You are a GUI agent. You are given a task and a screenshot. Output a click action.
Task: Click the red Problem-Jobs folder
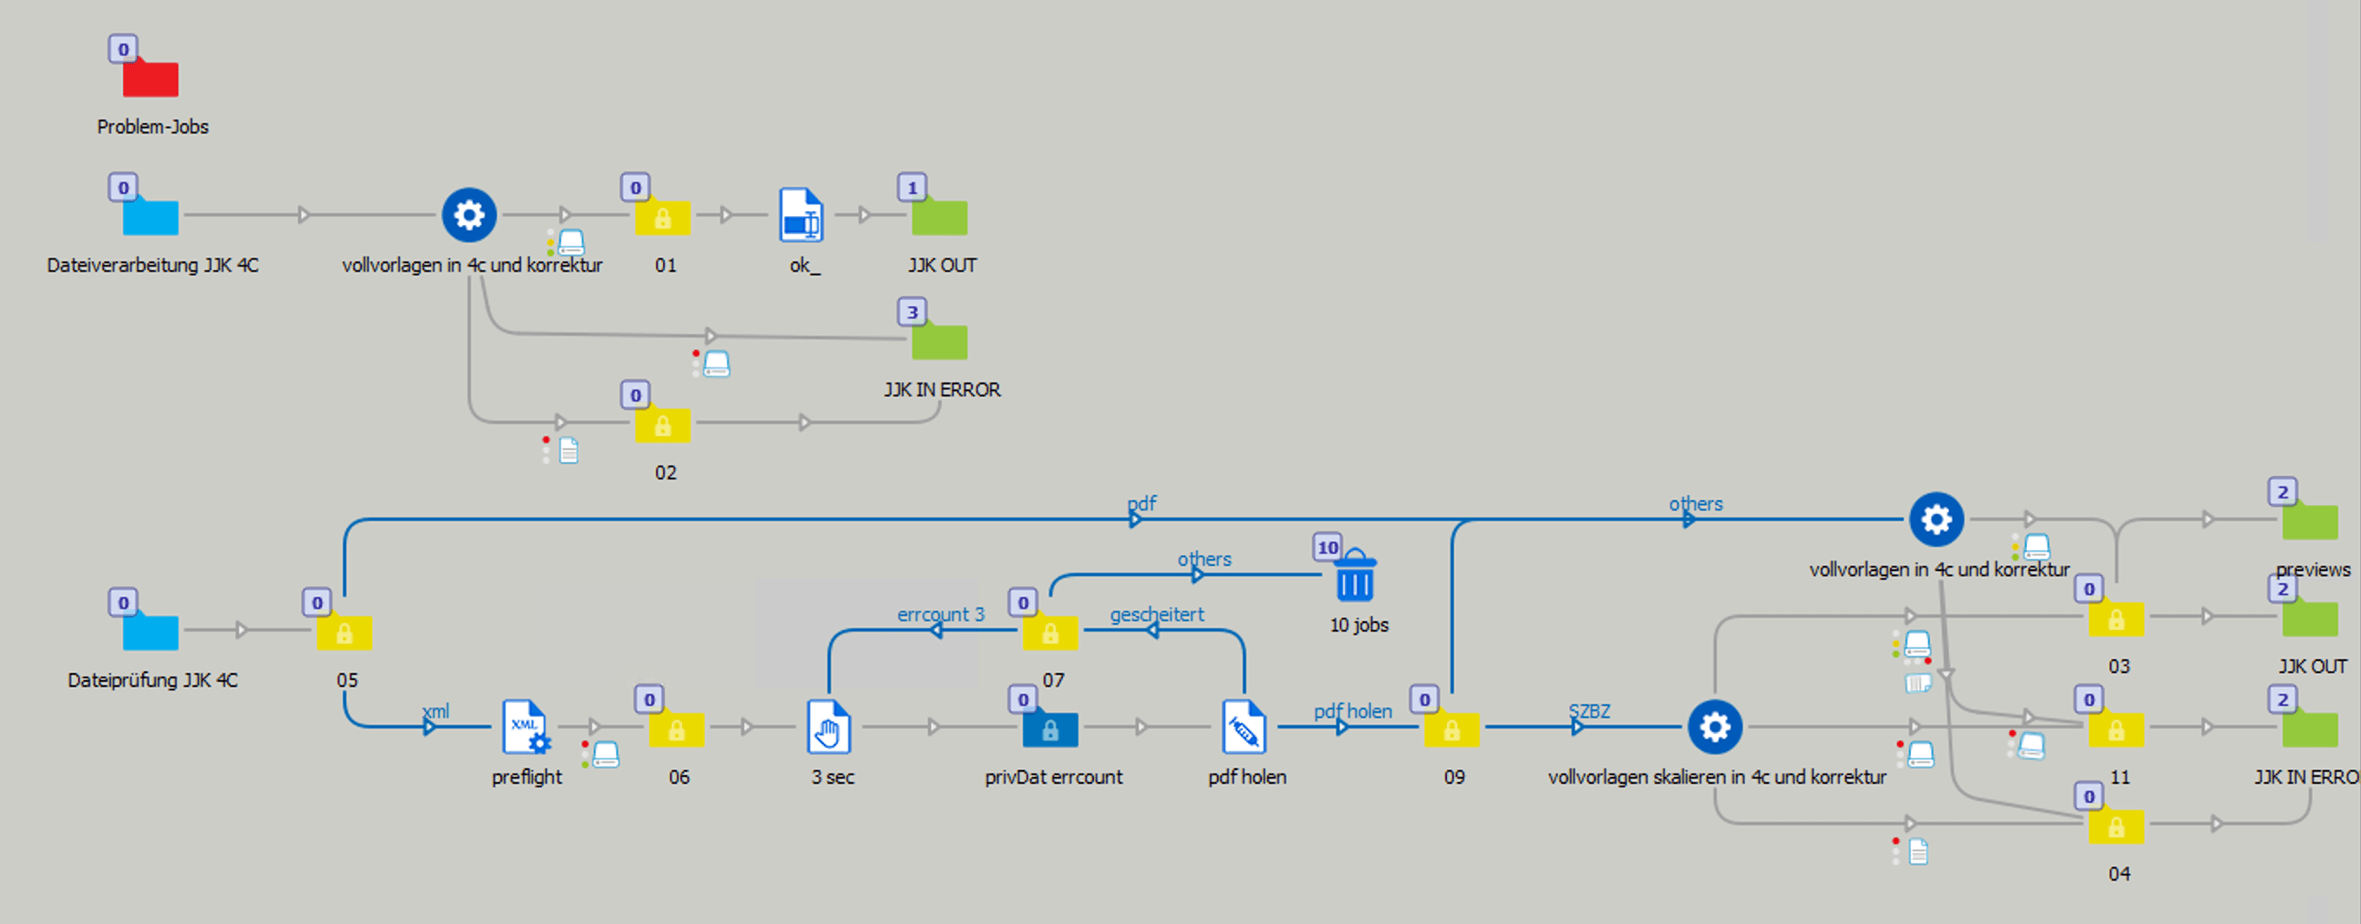point(151,77)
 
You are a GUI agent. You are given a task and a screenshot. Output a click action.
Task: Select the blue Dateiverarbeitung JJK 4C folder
point(151,216)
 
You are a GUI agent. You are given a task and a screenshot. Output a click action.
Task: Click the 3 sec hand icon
point(828,727)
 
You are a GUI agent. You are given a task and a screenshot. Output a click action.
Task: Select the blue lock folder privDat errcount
point(1051,728)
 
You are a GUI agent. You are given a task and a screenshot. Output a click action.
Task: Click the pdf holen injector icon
point(1244,727)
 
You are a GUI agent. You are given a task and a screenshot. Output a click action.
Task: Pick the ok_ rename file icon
point(801,215)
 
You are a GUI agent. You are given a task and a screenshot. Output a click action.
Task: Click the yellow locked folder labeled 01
point(663,217)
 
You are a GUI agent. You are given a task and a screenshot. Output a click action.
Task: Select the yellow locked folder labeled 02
point(663,425)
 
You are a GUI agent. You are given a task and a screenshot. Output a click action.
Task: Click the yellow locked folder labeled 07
point(1051,632)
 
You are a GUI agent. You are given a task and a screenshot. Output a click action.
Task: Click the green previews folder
point(2310,521)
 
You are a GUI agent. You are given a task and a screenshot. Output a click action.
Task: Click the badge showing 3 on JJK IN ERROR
point(912,311)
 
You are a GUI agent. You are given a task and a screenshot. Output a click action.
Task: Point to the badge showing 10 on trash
point(1327,548)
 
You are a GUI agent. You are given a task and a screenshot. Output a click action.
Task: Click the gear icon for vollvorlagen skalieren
point(1714,727)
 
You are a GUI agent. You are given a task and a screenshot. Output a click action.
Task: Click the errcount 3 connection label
point(941,614)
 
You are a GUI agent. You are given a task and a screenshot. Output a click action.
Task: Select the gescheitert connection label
point(1156,614)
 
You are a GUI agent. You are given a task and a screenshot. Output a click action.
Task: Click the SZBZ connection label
point(1588,711)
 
